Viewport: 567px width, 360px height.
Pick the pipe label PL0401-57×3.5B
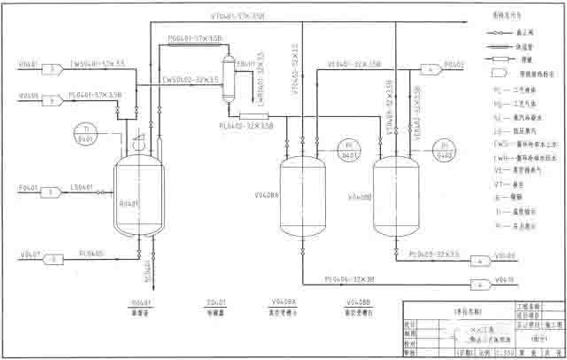98,93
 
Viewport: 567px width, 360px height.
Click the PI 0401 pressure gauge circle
347,148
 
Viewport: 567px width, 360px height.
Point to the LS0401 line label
83,186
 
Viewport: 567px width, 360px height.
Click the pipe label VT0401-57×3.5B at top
237,16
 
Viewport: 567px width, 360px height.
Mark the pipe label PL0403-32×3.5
434,254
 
